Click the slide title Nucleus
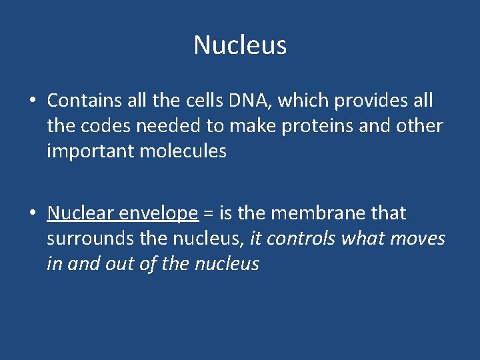pos(240,45)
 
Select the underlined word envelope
pos(157,214)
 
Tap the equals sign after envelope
pos(207,214)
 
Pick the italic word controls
pos(303,239)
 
